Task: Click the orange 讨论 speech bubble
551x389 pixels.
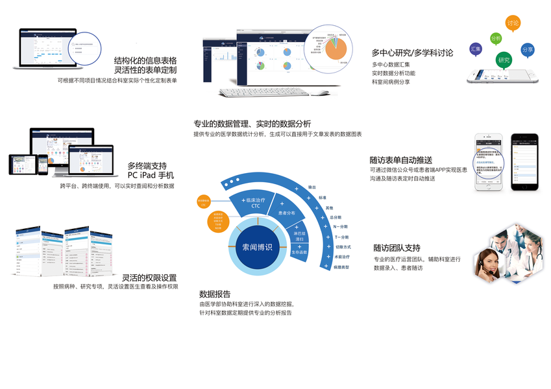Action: (x=513, y=23)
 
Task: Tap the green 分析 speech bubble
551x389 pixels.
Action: (x=496, y=39)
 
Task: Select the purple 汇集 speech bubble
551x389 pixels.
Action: (x=475, y=49)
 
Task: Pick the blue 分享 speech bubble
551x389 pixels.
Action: (x=528, y=50)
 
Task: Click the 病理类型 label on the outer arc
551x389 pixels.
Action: (x=341, y=266)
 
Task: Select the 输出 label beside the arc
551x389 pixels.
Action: (x=312, y=187)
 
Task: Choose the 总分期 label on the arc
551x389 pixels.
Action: (x=336, y=217)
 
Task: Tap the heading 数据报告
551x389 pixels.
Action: (x=215, y=294)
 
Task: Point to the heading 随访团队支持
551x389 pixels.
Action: (x=397, y=248)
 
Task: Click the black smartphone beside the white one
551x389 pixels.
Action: (x=524, y=162)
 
